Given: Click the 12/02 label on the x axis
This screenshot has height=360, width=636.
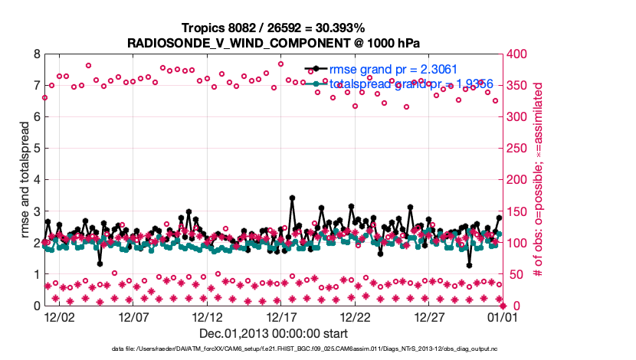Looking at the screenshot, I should (59, 316).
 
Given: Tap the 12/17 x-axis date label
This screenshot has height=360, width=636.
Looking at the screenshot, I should (281, 316).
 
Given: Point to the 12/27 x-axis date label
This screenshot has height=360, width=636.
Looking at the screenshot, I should (429, 316).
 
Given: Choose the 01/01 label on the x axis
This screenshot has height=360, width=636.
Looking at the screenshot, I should (503, 316).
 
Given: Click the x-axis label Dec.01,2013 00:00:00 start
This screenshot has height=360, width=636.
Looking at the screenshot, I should (274, 333).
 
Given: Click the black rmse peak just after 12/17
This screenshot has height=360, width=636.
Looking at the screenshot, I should (292, 198).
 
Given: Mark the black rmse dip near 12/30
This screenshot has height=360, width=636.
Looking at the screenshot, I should (469, 265).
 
